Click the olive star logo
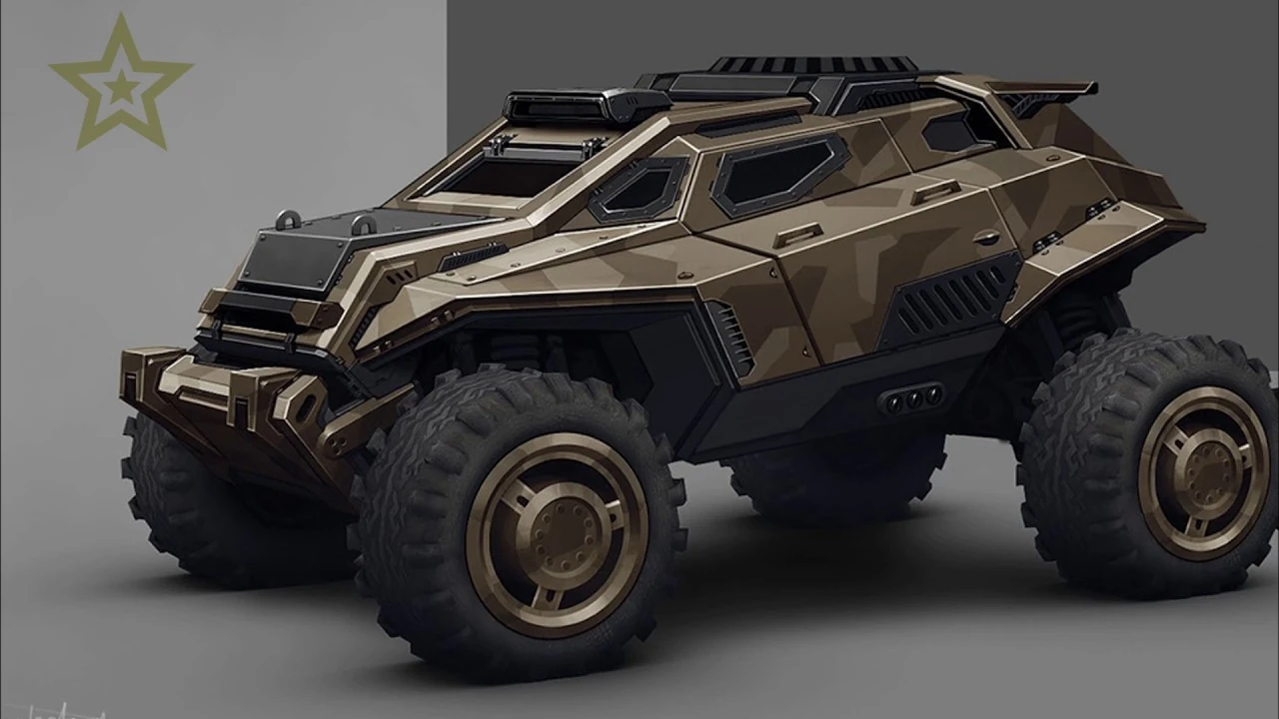tap(121, 84)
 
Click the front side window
tap(639, 189)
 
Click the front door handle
tap(796, 236)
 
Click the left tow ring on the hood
tap(289, 219)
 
